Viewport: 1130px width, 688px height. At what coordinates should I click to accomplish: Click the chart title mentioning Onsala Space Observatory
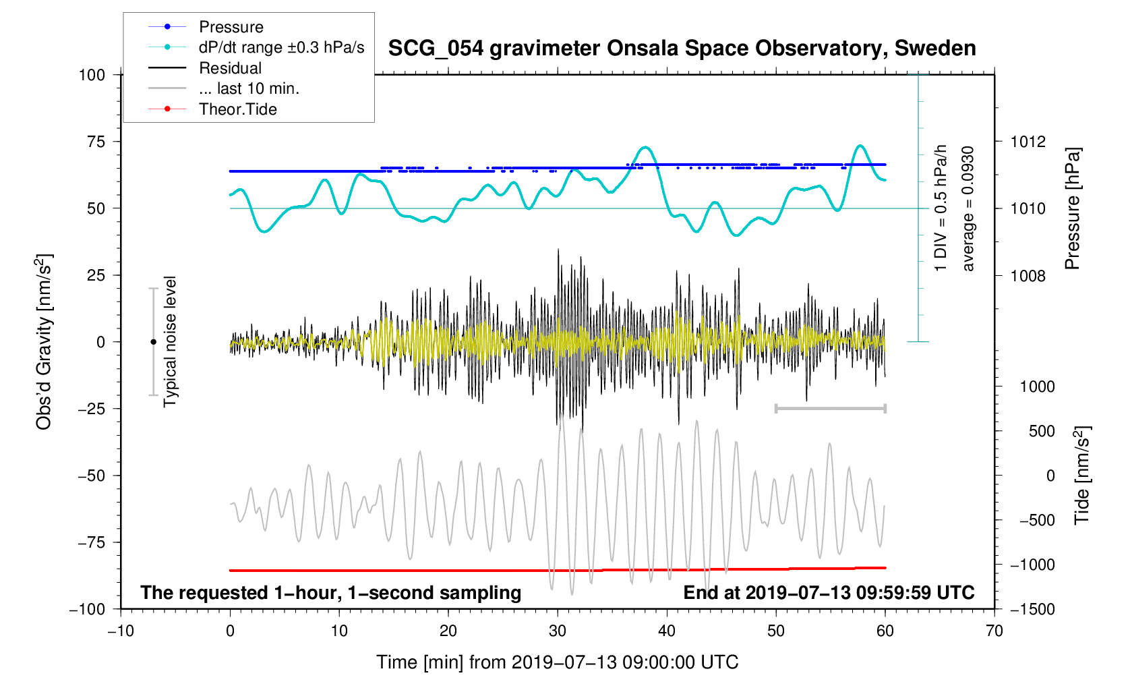pyautogui.click(x=682, y=49)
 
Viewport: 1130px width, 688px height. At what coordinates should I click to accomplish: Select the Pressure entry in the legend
pyautogui.click(x=231, y=27)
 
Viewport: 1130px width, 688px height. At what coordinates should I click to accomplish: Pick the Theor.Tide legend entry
pyautogui.click(x=237, y=109)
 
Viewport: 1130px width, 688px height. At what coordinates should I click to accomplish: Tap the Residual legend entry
pyautogui.click(x=230, y=68)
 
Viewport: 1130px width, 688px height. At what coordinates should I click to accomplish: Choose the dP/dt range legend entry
pyautogui.click(x=281, y=47)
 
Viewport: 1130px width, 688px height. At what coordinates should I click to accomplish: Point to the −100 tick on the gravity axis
pyautogui.click(x=88, y=609)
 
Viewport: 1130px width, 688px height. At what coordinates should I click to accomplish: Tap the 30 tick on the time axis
pyautogui.click(x=558, y=631)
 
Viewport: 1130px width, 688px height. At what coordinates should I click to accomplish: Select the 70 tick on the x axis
pyautogui.click(x=994, y=631)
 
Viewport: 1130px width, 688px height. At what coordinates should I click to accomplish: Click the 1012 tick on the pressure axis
pyautogui.click(x=1028, y=142)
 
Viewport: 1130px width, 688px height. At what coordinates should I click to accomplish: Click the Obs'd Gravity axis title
pyautogui.click(x=44, y=341)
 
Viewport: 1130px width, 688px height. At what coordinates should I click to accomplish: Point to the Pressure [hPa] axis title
pyautogui.click(x=1072, y=208)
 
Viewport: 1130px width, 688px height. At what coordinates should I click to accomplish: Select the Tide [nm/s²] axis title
pyautogui.click(x=1081, y=475)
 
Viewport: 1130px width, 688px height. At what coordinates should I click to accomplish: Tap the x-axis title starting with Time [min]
pyautogui.click(x=557, y=662)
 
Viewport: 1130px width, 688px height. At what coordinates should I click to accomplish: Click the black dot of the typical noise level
pyautogui.click(x=153, y=342)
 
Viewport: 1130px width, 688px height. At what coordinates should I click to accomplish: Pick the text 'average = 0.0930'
pyautogui.click(x=968, y=208)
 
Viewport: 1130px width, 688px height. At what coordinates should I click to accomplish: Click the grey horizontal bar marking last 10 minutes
pyautogui.click(x=830, y=408)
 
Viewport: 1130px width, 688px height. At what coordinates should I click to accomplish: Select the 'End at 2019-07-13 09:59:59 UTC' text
pyautogui.click(x=829, y=593)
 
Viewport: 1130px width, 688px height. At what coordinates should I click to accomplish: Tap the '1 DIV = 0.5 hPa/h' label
pyautogui.click(x=941, y=208)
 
